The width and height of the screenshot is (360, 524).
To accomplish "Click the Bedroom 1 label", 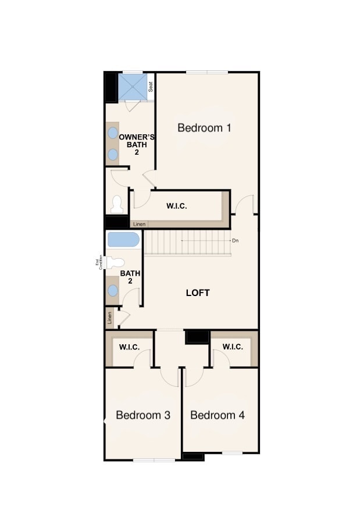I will [x=204, y=127].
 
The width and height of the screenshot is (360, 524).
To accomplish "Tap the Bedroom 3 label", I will [x=142, y=415].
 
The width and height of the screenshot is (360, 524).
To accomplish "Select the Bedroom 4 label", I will [x=217, y=415].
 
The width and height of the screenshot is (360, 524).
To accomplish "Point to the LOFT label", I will [x=198, y=293].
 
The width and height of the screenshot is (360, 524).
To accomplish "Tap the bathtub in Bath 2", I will [x=123, y=240].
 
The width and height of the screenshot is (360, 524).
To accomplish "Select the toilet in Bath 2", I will [x=115, y=262].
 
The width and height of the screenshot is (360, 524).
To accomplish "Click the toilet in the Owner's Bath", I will [x=117, y=204].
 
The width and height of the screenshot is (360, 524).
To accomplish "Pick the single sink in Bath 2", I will [x=113, y=290].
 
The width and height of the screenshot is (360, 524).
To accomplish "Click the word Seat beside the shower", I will [x=151, y=87].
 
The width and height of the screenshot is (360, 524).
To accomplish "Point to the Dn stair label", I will [x=235, y=240].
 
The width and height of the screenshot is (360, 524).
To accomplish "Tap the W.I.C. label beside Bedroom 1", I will [x=177, y=206].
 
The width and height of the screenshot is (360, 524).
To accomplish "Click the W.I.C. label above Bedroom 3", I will [x=129, y=347].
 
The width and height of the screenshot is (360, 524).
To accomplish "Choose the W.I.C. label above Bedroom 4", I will [x=233, y=347].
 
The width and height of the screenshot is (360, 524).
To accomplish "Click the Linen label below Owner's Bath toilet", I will [x=138, y=224].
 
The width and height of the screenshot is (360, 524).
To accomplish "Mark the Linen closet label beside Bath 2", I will [x=109, y=318].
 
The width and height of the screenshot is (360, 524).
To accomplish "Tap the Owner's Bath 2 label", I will [x=137, y=144].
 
